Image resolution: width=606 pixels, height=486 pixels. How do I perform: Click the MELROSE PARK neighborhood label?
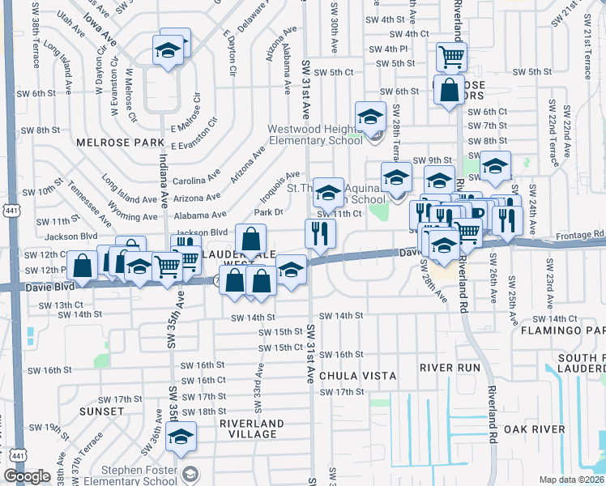click(109, 142)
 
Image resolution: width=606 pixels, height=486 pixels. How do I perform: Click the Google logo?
click(27, 476)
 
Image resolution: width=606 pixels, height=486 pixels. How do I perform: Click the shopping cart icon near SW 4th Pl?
click(451, 56)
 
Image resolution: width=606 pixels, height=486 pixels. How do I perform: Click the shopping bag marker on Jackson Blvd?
click(250, 239)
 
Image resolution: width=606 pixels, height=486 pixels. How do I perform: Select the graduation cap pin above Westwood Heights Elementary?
click(369, 115)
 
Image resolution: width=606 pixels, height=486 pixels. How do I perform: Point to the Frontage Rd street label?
click(582, 235)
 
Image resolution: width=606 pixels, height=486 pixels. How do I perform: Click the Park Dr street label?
click(268, 212)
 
